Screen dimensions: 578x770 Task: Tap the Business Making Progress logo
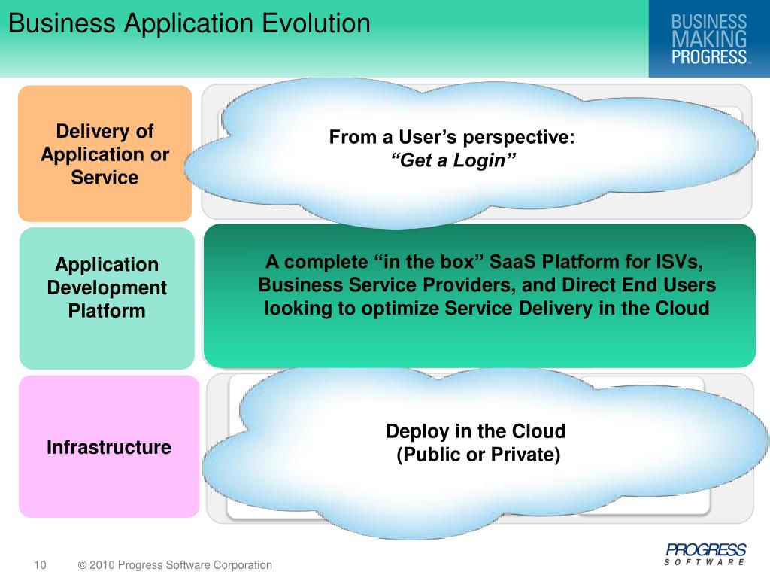(x=709, y=39)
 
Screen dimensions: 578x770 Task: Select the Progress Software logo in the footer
(x=705, y=554)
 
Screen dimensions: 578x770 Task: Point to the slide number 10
(x=40, y=565)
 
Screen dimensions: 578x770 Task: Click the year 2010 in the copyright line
(x=102, y=565)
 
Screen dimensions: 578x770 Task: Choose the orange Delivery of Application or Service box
(x=105, y=154)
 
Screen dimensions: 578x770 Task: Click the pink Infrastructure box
(x=108, y=447)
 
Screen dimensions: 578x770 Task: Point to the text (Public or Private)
(x=478, y=455)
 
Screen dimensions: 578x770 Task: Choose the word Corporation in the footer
(x=241, y=565)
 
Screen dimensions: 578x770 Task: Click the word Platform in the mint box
(x=107, y=311)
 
